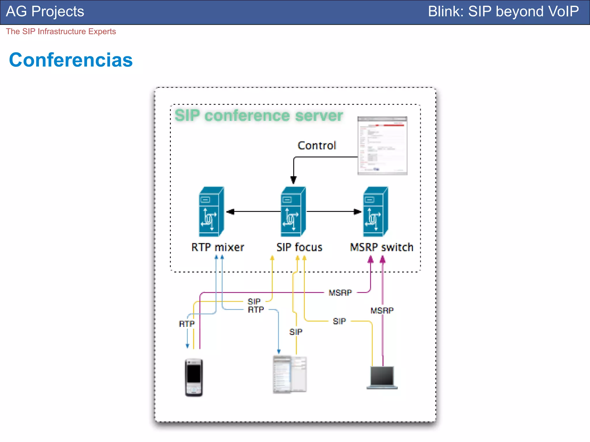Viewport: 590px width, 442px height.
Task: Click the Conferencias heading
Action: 71,60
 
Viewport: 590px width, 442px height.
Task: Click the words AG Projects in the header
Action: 45,12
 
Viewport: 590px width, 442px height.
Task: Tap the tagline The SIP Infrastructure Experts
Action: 61,31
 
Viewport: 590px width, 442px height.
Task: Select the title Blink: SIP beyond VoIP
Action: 503,12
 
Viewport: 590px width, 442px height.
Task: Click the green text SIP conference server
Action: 258,116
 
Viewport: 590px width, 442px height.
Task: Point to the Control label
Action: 317,146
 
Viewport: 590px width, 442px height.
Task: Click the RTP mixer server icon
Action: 211,212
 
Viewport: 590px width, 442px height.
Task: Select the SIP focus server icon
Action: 293,212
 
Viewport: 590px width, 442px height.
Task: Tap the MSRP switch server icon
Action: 375,212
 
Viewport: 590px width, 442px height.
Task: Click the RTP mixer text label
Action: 218,247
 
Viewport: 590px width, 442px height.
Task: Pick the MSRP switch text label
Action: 381,247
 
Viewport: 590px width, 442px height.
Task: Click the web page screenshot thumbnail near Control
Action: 382,146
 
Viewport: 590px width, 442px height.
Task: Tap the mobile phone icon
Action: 194,377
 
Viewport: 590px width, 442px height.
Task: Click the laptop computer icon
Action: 382,378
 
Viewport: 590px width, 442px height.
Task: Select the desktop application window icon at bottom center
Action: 290,374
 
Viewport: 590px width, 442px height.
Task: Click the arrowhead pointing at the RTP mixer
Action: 230,212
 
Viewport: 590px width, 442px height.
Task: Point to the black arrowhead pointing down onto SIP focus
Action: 293,180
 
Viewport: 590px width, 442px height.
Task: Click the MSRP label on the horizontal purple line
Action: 340,293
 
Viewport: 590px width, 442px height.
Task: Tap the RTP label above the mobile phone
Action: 187,324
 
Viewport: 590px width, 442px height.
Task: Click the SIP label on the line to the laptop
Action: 339,321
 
